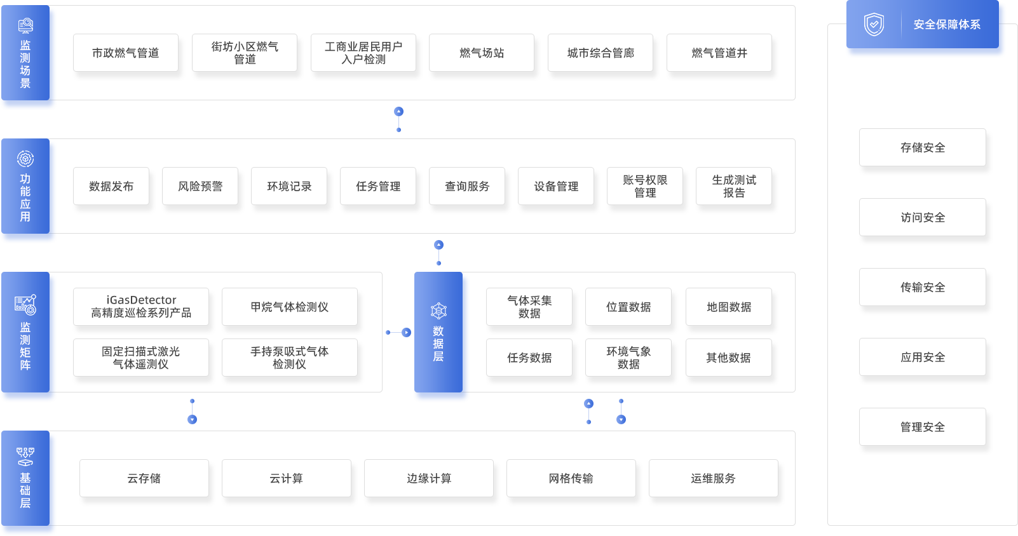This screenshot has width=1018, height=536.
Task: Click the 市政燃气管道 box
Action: (126, 53)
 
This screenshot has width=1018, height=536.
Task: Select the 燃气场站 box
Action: (482, 53)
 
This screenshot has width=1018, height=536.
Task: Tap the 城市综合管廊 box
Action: (601, 53)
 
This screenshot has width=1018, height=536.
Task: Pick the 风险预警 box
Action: (200, 186)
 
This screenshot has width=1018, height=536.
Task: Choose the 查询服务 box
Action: (467, 186)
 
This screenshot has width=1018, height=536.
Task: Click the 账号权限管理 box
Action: (645, 186)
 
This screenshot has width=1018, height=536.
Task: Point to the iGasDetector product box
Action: (141, 307)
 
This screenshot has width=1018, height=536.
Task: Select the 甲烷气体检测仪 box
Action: (290, 307)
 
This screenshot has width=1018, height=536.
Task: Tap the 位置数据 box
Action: (628, 307)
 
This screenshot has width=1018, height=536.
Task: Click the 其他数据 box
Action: (729, 358)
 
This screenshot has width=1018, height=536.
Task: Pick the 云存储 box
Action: (144, 478)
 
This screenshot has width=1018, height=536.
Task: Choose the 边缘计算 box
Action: (429, 478)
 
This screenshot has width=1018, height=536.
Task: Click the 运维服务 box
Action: (714, 478)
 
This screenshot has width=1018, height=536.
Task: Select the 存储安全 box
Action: (923, 147)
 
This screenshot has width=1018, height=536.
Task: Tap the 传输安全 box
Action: (923, 287)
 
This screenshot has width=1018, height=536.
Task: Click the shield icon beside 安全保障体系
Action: (874, 25)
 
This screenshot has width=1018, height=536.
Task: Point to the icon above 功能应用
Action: (25, 158)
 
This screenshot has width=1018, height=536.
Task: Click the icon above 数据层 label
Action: (438, 311)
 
